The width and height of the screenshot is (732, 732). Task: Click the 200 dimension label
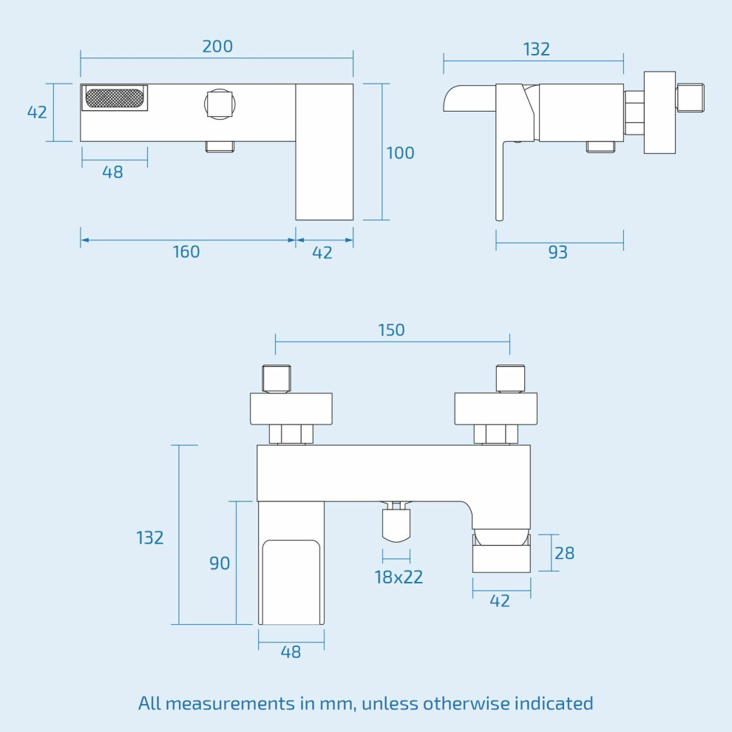217,47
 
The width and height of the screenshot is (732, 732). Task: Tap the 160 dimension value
186,251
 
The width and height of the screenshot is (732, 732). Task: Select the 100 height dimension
400,152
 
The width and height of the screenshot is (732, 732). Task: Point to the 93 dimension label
558,252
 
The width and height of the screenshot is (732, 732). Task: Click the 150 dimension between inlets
391,330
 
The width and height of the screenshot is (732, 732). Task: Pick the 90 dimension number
220,563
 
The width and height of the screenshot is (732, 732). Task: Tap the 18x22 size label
399,577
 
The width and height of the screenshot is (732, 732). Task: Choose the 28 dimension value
564,553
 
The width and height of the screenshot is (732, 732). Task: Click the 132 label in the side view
536,49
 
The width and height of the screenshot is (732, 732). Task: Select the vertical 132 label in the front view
150,538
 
